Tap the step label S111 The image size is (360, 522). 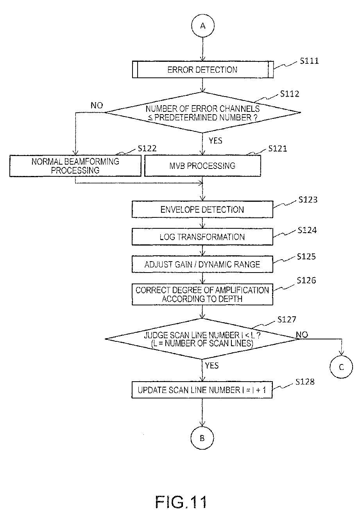click(x=309, y=61)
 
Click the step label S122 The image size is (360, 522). click(x=147, y=149)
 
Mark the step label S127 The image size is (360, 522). click(x=287, y=319)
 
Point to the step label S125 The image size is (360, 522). click(x=306, y=257)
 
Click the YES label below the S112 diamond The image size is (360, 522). click(x=215, y=141)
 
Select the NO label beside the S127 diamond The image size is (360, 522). click(x=302, y=335)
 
